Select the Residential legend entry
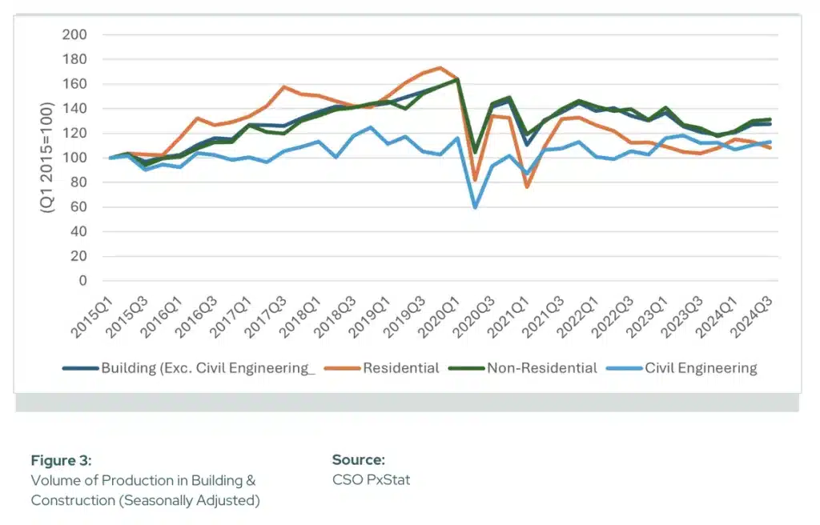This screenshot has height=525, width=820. click(x=400, y=368)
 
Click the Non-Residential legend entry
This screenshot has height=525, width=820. click(x=541, y=368)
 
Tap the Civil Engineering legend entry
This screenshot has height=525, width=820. click(x=701, y=368)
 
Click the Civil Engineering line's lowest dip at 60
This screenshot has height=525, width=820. click(x=475, y=207)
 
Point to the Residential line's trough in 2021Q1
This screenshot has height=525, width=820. click(x=527, y=186)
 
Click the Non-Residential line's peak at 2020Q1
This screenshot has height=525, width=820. click(x=457, y=79)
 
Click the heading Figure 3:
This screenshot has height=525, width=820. click(x=62, y=460)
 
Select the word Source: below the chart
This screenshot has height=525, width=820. click(x=359, y=460)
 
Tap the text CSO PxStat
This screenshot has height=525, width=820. click(x=371, y=480)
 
